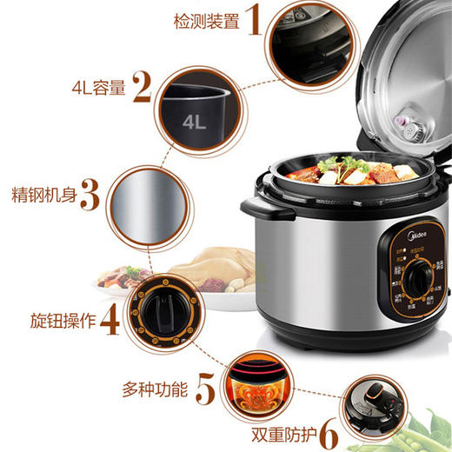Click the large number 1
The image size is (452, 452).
click(251, 19)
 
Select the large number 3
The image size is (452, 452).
click(90, 196)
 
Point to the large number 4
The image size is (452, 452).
click(110, 320)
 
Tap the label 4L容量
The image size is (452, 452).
click(98, 87)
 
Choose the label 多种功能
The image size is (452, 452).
click(156, 388)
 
